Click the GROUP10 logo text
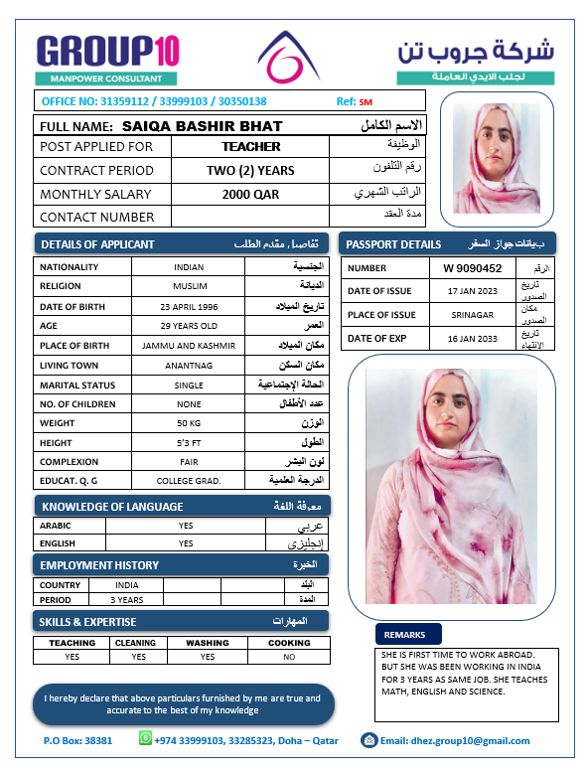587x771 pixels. coord(106,50)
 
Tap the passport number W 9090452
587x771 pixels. coord(473,267)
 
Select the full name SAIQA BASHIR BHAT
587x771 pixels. coord(202,126)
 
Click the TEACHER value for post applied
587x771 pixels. coord(250,146)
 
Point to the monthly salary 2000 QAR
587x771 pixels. coord(250,194)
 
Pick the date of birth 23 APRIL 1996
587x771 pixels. coord(188,306)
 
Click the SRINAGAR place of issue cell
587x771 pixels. coord(473,315)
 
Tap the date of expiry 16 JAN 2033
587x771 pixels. coord(473,339)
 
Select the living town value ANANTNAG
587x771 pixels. coord(188,365)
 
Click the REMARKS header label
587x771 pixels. coord(404,634)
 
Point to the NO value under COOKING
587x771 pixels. coord(288,657)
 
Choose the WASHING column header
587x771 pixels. coord(207,643)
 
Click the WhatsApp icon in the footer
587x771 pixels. coord(146,738)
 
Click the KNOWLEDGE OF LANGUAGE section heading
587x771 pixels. coord(112,507)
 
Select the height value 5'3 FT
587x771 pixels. coord(188,442)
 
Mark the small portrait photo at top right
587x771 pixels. coord(496,151)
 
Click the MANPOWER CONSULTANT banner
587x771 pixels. coord(106,77)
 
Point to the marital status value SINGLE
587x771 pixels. coord(188,385)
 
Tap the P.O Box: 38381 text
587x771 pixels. coord(77,740)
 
